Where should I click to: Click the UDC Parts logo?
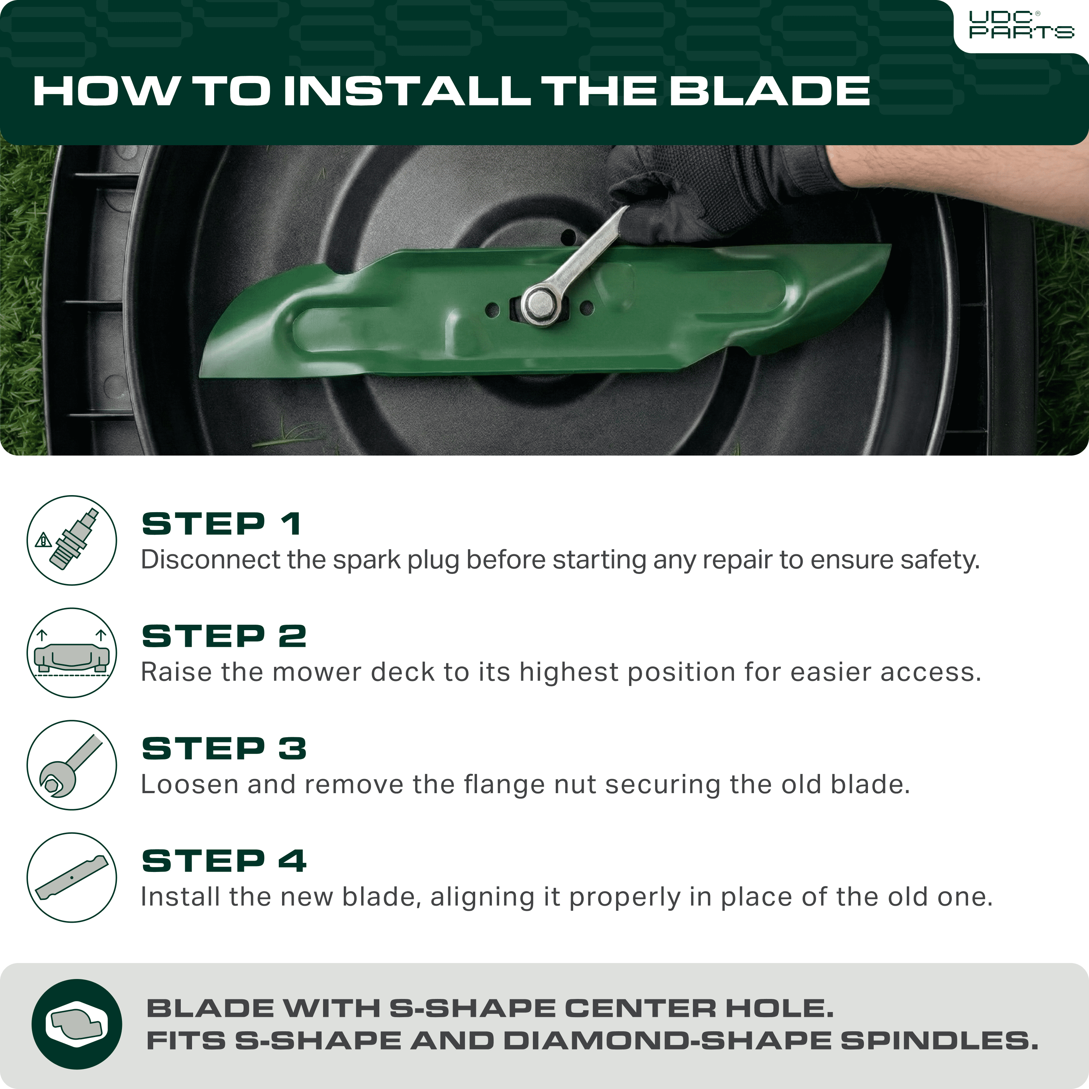coord(1021,25)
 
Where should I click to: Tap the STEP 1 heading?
coord(221,524)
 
